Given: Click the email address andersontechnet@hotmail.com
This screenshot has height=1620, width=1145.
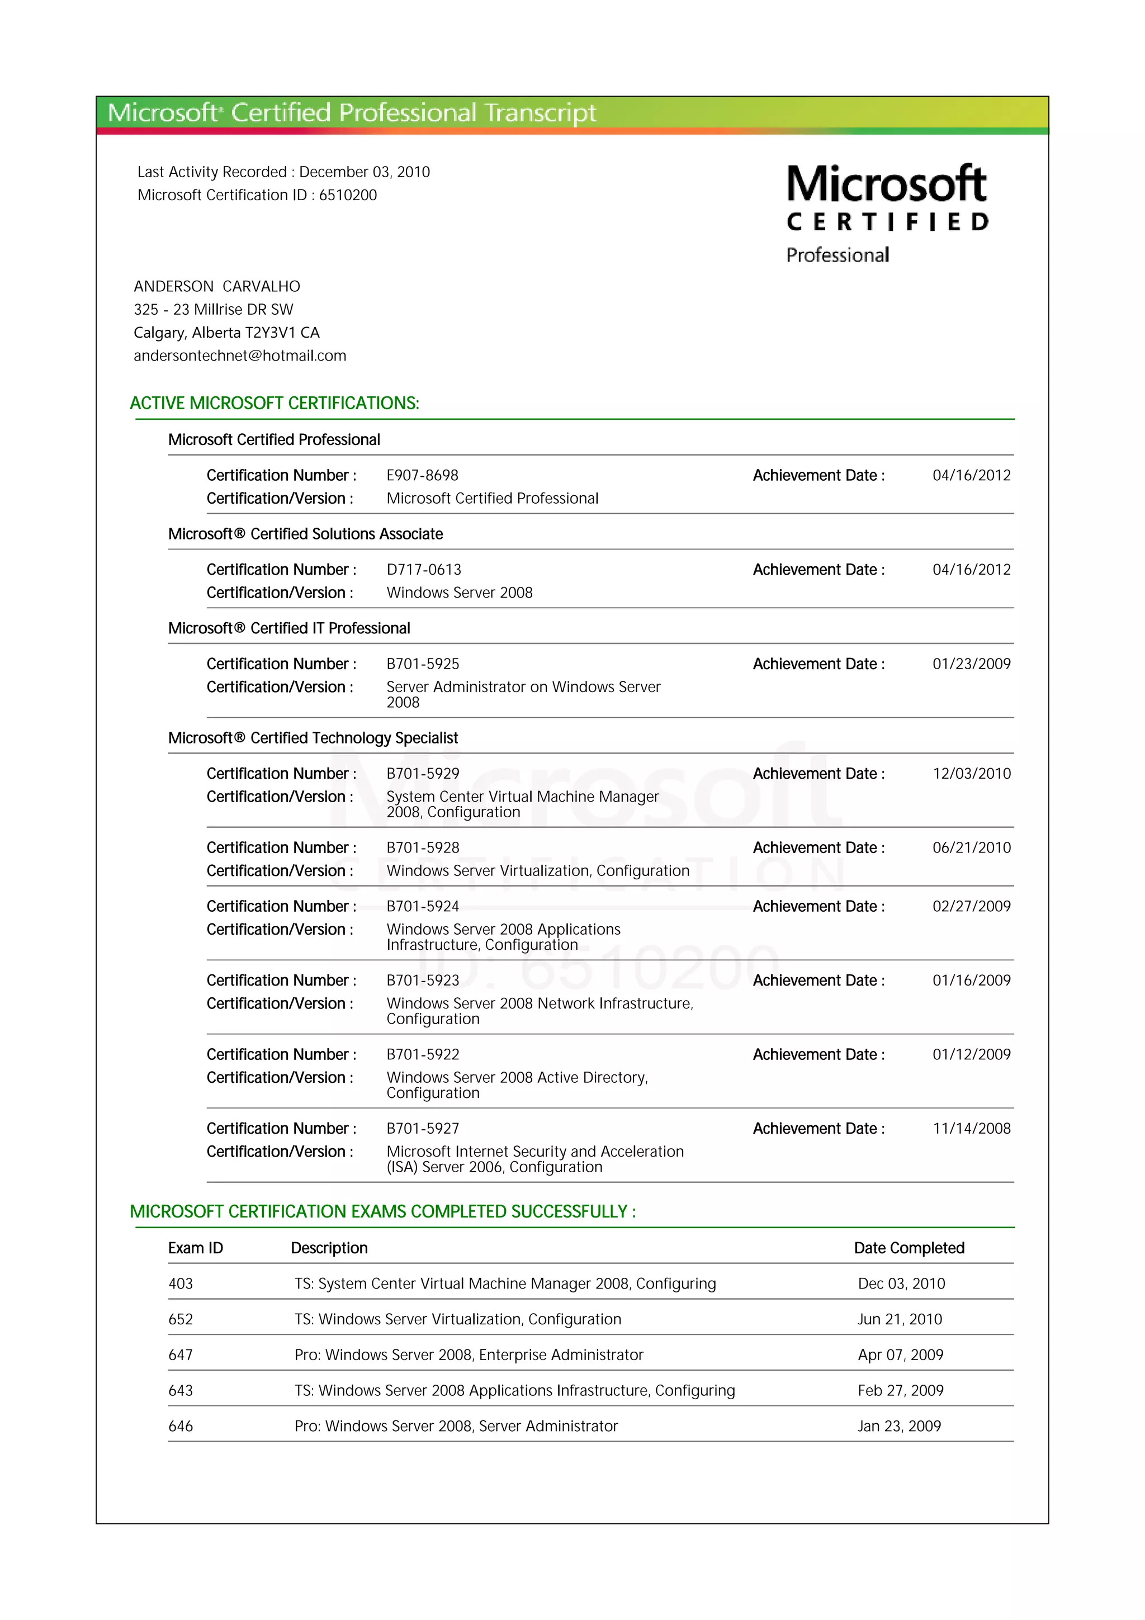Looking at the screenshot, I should (x=240, y=356).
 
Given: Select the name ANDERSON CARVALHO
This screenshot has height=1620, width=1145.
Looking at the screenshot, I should (x=216, y=286).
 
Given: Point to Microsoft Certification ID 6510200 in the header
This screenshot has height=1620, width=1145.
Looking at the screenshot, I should (x=347, y=196).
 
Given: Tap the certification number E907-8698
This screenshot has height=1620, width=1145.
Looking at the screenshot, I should (x=422, y=476).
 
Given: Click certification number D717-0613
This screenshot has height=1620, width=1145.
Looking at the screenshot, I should (x=423, y=570).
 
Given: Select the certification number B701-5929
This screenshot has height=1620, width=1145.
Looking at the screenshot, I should (x=423, y=774).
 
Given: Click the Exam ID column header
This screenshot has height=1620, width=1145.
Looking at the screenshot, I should (x=196, y=1248).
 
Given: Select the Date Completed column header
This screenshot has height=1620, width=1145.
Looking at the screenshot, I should (x=909, y=1248).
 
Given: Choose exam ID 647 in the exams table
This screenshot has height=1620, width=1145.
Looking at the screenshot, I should (x=181, y=1354).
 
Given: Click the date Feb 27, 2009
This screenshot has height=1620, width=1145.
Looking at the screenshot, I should (x=900, y=1391).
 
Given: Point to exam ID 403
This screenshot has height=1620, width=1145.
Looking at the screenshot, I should (x=181, y=1284).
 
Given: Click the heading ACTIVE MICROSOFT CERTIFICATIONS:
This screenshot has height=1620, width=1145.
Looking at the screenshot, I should (x=275, y=404).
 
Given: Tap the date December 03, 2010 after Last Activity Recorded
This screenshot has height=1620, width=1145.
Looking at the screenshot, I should (x=364, y=172).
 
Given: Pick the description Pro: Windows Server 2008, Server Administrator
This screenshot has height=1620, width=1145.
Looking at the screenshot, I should (x=456, y=1426).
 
